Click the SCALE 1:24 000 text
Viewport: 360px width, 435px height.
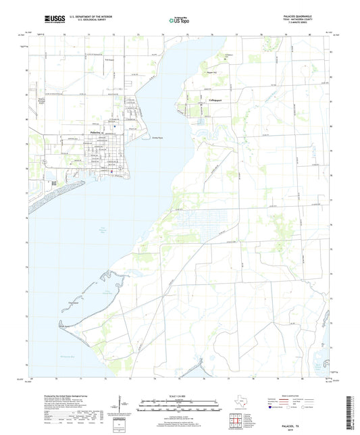pos(180,396)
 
